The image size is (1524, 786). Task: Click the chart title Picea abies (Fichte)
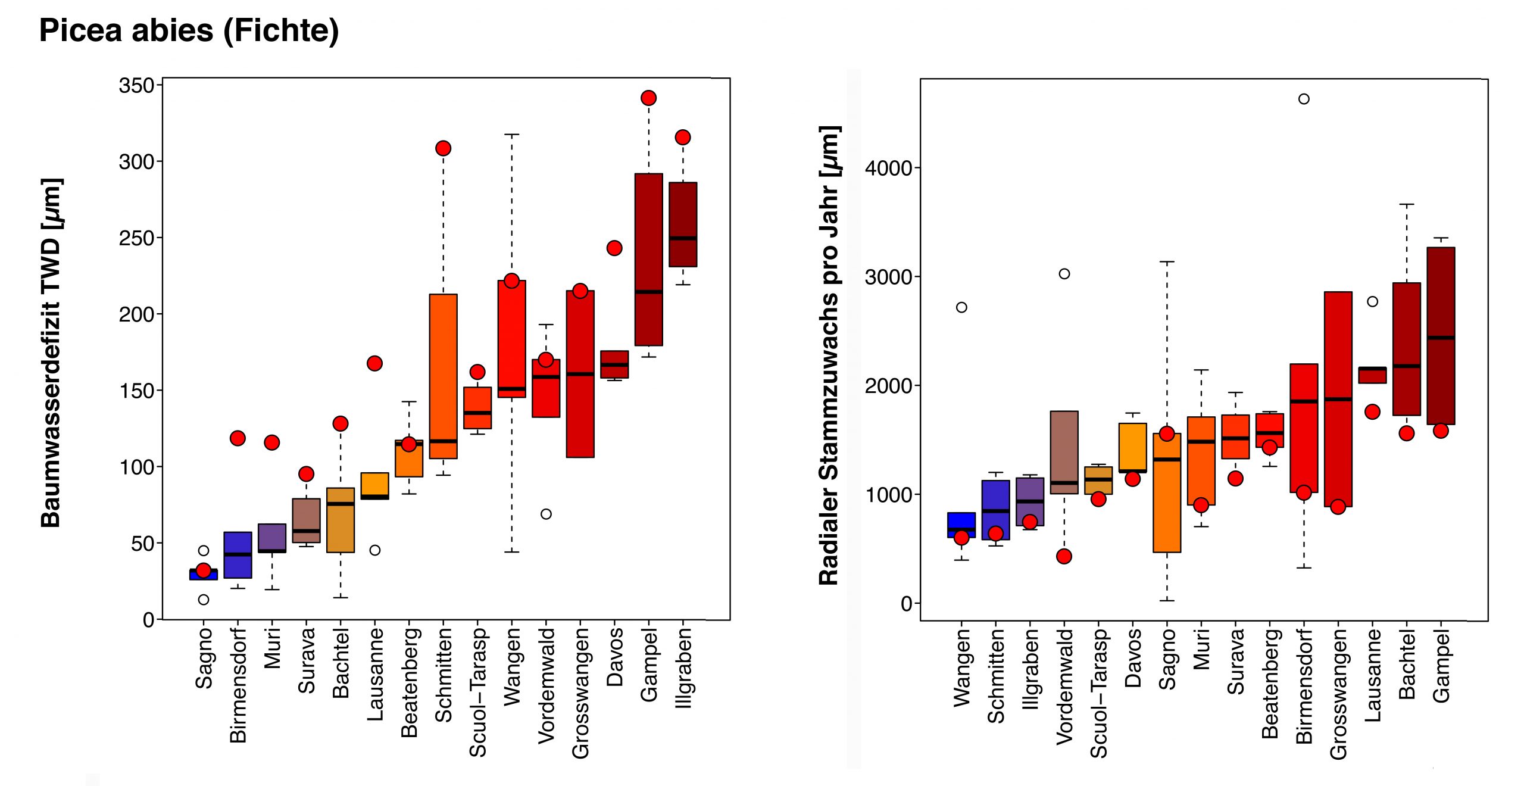(x=189, y=31)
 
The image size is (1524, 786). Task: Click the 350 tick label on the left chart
(x=137, y=86)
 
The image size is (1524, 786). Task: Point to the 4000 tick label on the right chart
(x=889, y=169)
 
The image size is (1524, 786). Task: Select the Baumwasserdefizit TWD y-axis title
(x=52, y=353)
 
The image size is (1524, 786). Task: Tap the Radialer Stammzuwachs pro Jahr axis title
(x=829, y=355)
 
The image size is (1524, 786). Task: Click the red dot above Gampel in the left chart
(x=648, y=98)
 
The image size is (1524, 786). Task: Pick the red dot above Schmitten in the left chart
(x=443, y=148)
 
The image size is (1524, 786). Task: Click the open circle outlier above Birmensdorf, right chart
(x=1304, y=99)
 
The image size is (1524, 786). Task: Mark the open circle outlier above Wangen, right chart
(x=961, y=307)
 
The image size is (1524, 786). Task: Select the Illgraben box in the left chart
(x=683, y=224)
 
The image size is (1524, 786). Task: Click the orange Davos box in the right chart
(x=1132, y=447)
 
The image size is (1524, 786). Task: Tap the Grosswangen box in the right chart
(x=1338, y=399)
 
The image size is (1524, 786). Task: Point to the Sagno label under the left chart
(x=204, y=658)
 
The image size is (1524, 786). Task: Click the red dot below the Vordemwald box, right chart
(x=1064, y=556)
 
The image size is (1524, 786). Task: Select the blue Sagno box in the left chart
(x=204, y=575)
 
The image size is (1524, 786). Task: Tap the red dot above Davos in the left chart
(x=614, y=248)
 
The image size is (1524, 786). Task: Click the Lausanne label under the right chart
(x=1372, y=676)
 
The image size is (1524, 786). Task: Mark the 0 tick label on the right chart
(x=907, y=604)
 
